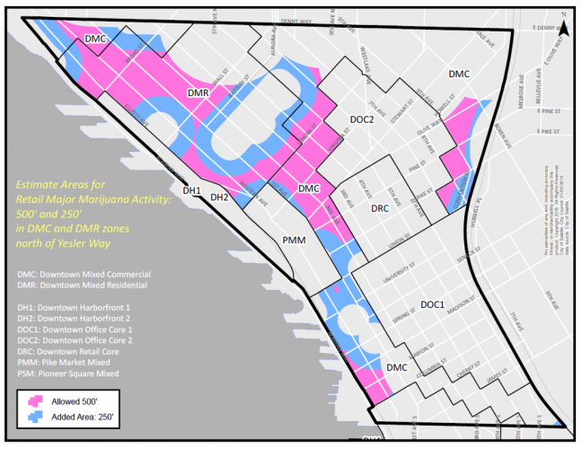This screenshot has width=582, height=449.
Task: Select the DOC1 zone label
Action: [x=429, y=305]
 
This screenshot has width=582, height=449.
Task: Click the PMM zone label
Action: [x=295, y=241]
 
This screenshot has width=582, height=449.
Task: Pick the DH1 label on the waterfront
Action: [x=191, y=190]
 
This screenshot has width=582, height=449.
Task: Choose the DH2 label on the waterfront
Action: [x=220, y=197]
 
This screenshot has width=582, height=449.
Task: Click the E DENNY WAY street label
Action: [x=533, y=28]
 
